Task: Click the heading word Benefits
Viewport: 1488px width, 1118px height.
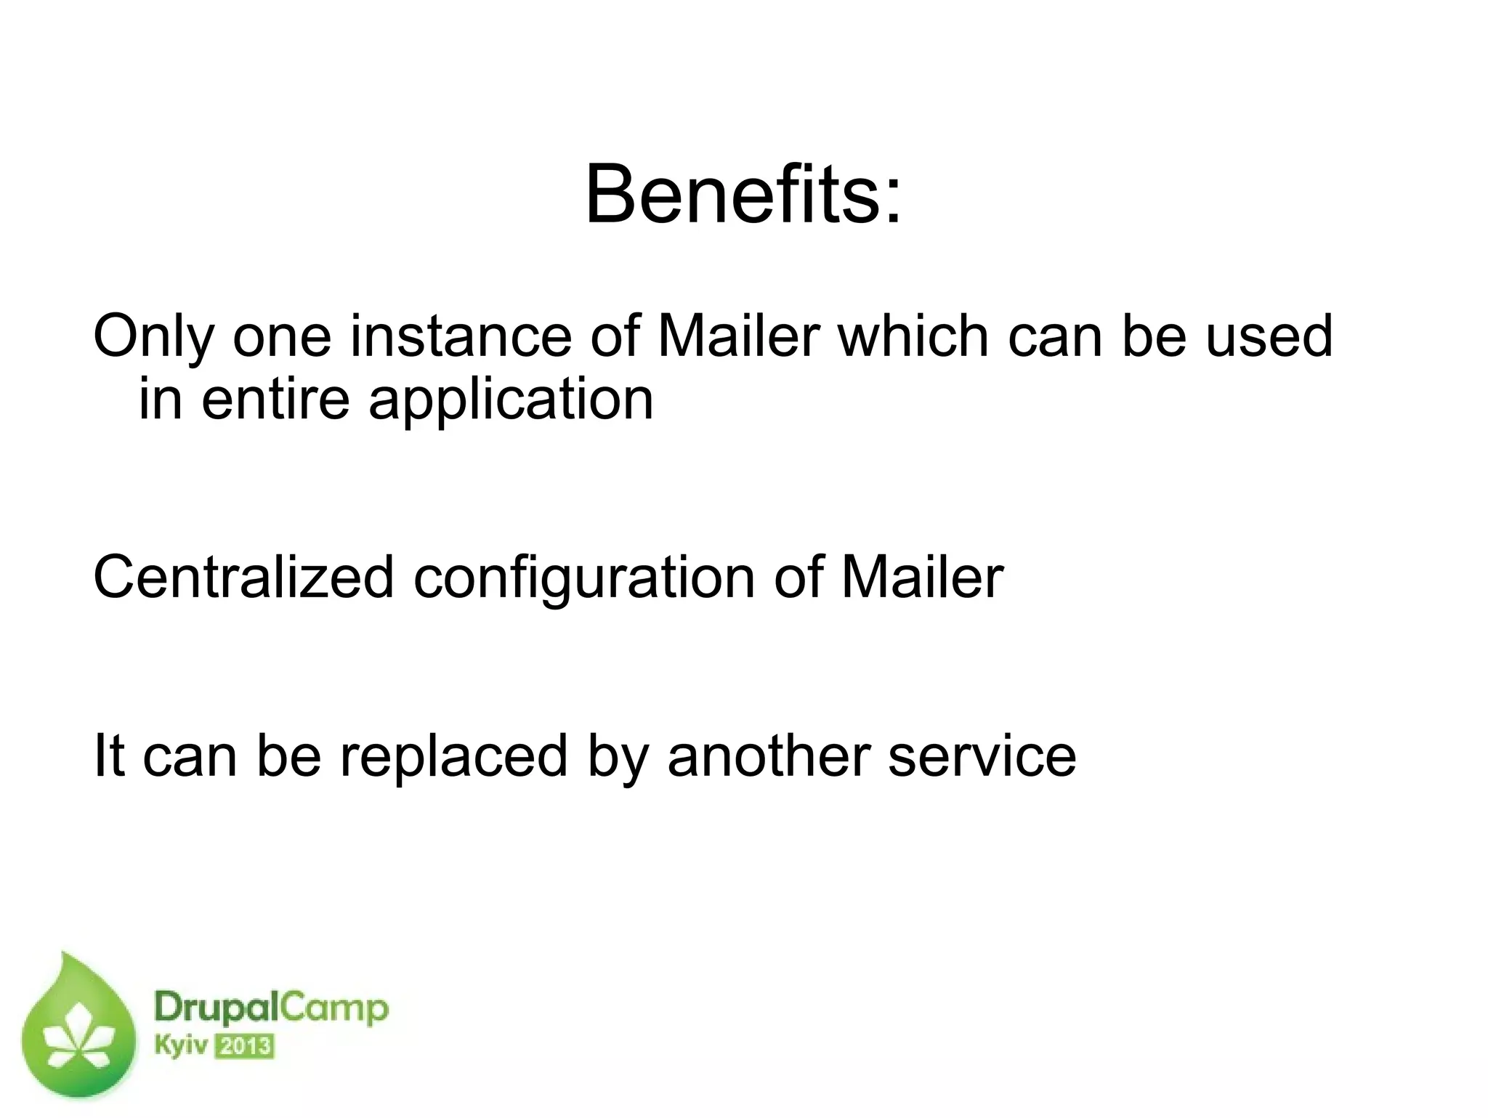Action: click(x=730, y=195)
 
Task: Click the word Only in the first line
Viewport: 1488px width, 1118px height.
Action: click(x=153, y=337)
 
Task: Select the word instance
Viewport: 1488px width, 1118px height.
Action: click(x=461, y=337)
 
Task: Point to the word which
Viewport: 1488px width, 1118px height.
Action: click(x=914, y=337)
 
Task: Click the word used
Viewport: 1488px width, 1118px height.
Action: click(x=1269, y=337)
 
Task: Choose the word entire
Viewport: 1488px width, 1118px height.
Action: click(x=275, y=400)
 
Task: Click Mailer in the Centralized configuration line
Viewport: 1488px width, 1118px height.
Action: click(x=922, y=578)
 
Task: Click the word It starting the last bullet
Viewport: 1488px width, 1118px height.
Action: click(x=110, y=756)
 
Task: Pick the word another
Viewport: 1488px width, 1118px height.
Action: click(x=769, y=756)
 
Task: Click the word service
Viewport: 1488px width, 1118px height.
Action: click(x=982, y=756)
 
